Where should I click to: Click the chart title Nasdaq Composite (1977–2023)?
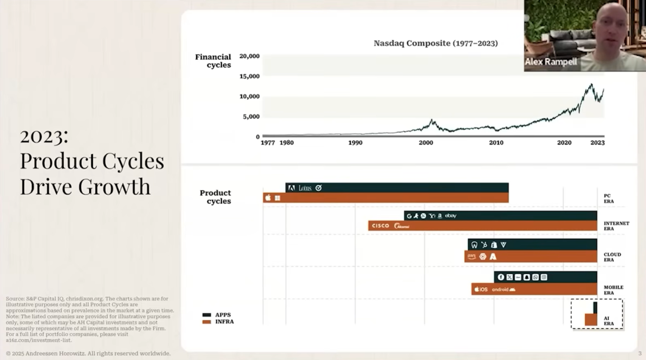click(435, 43)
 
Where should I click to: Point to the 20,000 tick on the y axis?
click(249, 56)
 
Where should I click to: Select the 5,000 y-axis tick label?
click(251, 117)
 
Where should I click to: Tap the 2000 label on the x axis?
click(426, 143)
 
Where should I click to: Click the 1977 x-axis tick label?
click(268, 143)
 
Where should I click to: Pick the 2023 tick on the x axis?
click(597, 143)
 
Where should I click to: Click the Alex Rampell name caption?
click(550, 62)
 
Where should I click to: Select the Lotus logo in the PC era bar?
click(305, 188)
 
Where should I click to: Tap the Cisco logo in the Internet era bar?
click(380, 226)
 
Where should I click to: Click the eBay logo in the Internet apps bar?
click(451, 216)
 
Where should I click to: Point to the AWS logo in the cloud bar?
click(471, 256)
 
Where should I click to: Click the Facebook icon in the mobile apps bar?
click(501, 277)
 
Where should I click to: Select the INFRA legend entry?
click(224, 322)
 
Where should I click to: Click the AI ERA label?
click(609, 321)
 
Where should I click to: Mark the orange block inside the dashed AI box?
click(591, 320)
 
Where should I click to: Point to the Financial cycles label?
click(213, 61)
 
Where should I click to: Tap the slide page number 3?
click(640, 353)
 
